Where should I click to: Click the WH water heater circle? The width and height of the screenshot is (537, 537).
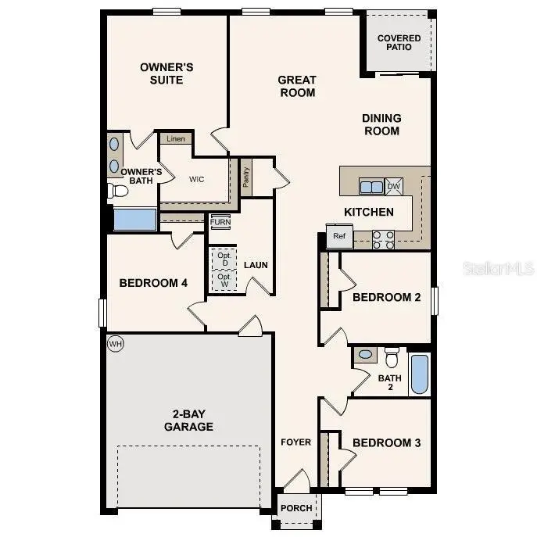point(116,344)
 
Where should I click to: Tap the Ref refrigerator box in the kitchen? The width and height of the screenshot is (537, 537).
point(339,236)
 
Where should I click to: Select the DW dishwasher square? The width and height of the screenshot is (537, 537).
point(393,186)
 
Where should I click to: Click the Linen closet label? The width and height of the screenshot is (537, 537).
point(176,138)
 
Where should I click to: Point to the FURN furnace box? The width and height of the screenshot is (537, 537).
point(220,222)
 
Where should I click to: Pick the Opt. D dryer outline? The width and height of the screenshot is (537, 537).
point(224,258)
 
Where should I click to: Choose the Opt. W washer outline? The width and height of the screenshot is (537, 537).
point(224,281)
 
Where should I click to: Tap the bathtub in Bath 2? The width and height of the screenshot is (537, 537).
point(419,374)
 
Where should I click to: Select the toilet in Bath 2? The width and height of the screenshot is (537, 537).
point(392,357)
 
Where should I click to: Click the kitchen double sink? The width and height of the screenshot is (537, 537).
point(371,186)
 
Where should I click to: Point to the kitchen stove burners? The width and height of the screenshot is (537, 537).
point(382,239)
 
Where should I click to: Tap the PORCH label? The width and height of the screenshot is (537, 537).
point(296,508)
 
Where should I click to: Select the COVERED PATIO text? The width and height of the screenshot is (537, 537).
point(399,42)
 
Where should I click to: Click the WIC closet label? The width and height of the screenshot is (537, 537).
point(197,179)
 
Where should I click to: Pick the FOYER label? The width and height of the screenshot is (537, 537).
point(296,442)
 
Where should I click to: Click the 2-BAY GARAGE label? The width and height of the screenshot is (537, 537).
point(188,421)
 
